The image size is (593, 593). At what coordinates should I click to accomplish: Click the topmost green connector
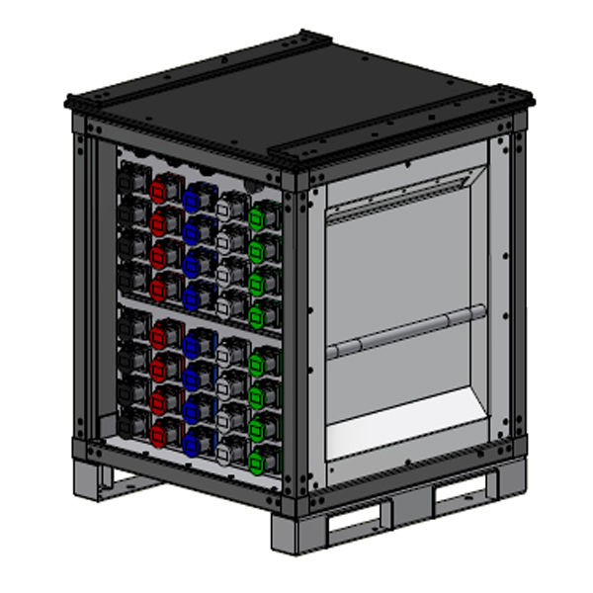tap(262, 216)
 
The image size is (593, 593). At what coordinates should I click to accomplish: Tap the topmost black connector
tap(129, 178)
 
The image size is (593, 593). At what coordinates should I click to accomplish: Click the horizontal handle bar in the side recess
tap(405, 336)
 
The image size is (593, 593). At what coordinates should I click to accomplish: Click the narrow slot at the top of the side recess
tap(395, 197)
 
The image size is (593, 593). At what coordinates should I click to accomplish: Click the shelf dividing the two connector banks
tap(198, 316)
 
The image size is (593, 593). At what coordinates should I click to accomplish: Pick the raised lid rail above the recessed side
tap(400, 129)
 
